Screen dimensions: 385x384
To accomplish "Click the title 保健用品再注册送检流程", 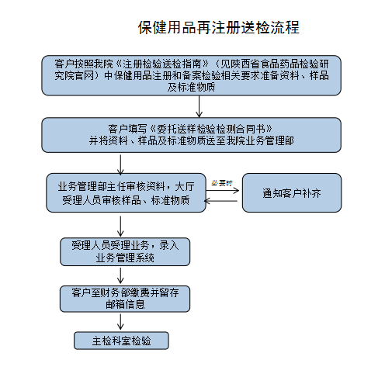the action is (x=219, y=27).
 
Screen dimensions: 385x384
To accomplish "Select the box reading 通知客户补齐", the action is (x=292, y=192).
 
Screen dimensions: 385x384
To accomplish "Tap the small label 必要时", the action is (x=222, y=183).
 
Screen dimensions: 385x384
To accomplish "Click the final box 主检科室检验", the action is (x=121, y=341).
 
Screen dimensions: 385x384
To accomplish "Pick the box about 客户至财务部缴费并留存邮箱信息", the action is (x=125, y=299).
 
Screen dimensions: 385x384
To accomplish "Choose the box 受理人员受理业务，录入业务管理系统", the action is (x=125, y=251).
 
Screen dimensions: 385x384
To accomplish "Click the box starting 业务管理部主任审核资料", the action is (x=126, y=192).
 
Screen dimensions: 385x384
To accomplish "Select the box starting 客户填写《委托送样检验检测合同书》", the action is (x=192, y=135).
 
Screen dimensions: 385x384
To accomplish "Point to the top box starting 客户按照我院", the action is (x=192, y=75).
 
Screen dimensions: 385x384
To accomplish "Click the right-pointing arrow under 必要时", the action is (x=222, y=191).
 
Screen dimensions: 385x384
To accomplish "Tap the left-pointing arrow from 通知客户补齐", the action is (x=220, y=201).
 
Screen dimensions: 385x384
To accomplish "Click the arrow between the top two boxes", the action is (x=199, y=106).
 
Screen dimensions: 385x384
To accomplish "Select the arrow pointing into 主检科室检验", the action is (x=120, y=322).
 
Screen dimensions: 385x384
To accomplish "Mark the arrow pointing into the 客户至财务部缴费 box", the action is (x=120, y=275).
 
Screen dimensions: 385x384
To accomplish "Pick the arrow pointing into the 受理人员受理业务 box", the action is (x=120, y=227).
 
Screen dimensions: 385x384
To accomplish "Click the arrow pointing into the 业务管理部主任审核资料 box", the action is (x=120, y=164).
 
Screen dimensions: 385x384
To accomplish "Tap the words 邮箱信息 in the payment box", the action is (x=125, y=304).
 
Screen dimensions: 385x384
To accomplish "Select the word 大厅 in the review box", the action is (x=185, y=186).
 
